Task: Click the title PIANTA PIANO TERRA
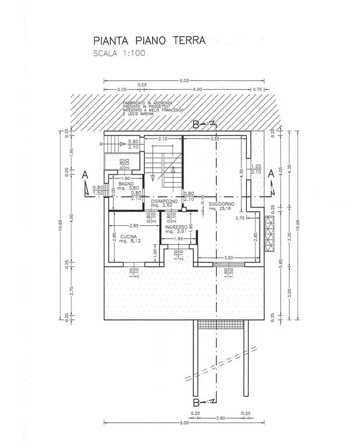149,40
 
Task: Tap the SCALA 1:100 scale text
119,54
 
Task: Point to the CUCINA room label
129,237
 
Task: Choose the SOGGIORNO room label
222,204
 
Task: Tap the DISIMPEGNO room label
164,200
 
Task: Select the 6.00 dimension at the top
197,89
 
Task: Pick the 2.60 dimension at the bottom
220,418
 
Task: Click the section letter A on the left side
85,174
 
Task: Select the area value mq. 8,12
129,242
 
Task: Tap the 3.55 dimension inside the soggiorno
213,138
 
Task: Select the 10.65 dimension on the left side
60,225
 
